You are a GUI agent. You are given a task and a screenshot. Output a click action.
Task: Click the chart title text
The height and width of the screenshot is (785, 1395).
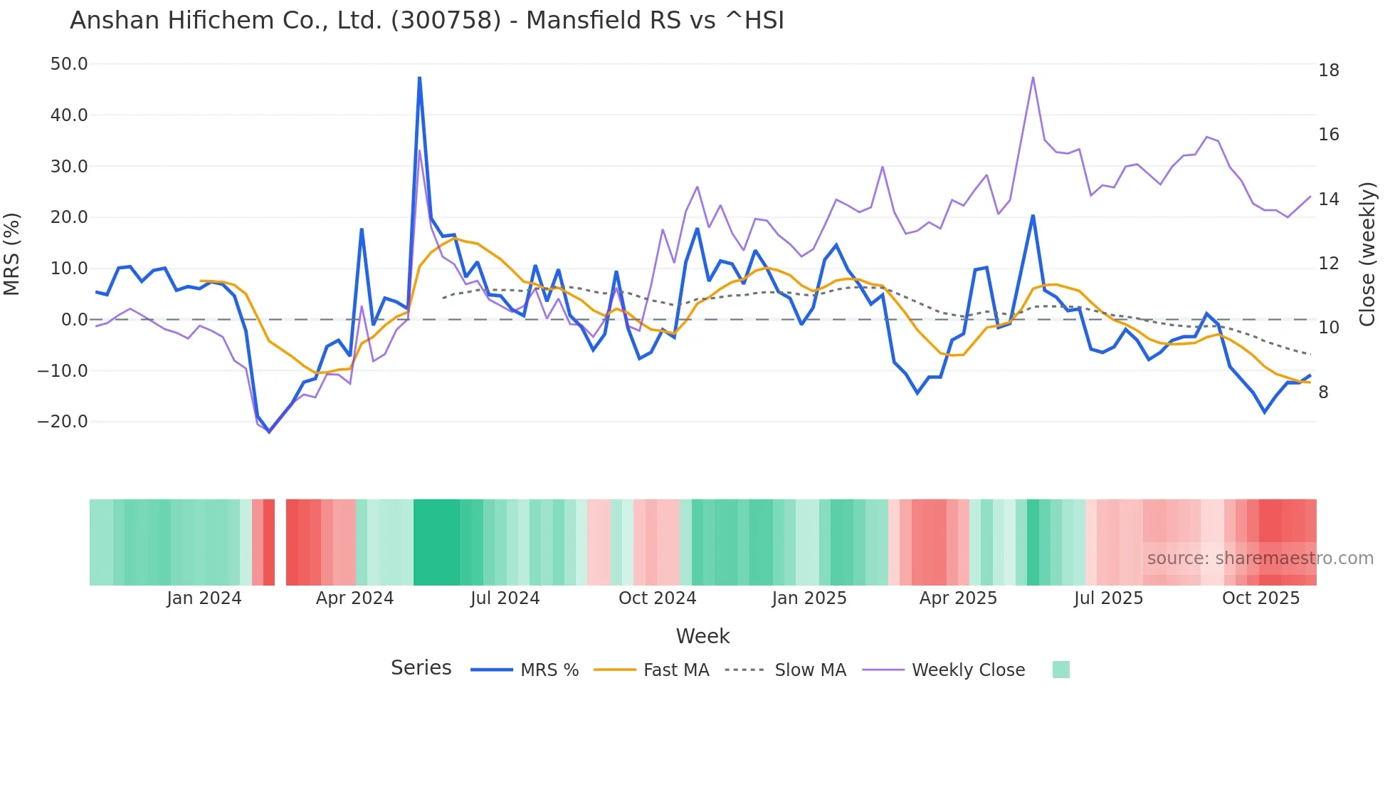pyautogui.click(x=426, y=21)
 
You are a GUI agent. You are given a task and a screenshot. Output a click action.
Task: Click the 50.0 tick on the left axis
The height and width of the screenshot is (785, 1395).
pyautogui.click(x=69, y=64)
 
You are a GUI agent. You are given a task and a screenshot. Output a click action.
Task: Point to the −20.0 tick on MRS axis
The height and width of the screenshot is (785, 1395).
pyautogui.click(x=63, y=422)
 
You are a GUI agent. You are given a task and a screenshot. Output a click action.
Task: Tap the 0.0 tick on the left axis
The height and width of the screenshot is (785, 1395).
pyautogui.click(x=74, y=320)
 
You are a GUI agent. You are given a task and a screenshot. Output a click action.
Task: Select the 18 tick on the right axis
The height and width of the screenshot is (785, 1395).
pyautogui.click(x=1328, y=71)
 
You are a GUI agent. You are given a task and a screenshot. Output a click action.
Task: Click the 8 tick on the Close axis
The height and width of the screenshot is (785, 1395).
pyautogui.click(x=1323, y=392)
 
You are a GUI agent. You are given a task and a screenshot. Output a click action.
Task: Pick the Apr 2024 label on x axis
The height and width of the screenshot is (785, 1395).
pyautogui.click(x=354, y=598)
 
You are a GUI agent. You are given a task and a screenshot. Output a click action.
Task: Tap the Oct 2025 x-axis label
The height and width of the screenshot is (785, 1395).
pyautogui.click(x=1260, y=598)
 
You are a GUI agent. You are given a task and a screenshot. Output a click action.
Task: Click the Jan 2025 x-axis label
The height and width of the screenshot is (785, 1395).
pyautogui.click(x=809, y=598)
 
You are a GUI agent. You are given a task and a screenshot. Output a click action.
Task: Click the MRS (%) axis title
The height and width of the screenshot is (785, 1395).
pyautogui.click(x=12, y=254)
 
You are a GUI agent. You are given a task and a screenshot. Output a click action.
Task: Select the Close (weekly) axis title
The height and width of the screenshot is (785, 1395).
pyautogui.click(x=1367, y=254)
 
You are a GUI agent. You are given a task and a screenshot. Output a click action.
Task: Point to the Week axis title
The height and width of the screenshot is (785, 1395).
pyautogui.click(x=702, y=636)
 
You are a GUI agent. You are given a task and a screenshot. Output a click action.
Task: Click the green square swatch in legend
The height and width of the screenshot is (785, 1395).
pyautogui.click(x=1060, y=670)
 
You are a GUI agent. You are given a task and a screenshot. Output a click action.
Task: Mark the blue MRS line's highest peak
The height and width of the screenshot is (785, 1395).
pyautogui.click(x=419, y=78)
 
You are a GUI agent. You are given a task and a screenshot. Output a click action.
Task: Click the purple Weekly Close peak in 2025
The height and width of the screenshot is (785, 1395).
pyautogui.click(x=1033, y=78)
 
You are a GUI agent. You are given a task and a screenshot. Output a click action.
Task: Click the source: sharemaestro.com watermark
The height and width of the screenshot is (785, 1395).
pyautogui.click(x=1260, y=558)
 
